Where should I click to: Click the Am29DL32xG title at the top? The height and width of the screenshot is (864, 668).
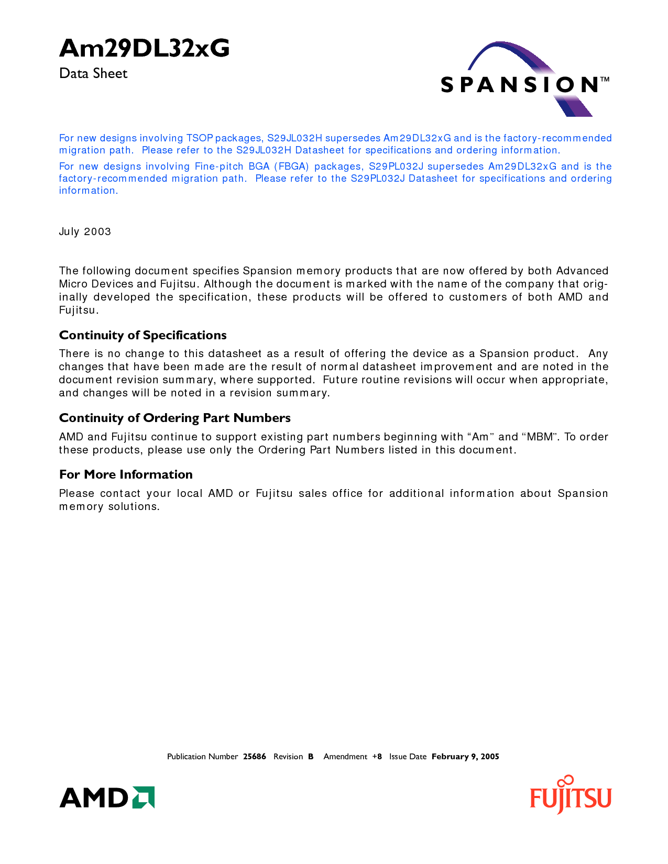[x=144, y=49]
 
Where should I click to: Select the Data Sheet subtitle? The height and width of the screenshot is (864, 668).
[x=93, y=73]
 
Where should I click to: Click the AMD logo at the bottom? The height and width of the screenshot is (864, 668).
[x=107, y=797]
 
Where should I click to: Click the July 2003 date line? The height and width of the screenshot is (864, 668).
[x=85, y=231]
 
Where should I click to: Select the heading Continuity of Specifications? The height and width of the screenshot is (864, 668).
[x=143, y=335]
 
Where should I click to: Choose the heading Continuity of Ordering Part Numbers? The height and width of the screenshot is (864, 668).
[x=174, y=418]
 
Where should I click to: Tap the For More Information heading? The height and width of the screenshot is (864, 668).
[x=126, y=474]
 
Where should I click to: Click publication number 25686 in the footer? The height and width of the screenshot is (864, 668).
[x=255, y=757]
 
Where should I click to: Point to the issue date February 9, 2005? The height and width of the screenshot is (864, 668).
[x=465, y=757]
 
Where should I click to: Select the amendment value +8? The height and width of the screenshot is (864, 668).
[x=377, y=757]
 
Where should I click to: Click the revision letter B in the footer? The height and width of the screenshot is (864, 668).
[x=311, y=757]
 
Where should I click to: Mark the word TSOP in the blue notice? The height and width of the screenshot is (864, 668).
[x=199, y=138]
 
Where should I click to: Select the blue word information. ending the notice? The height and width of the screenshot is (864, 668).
[x=88, y=191]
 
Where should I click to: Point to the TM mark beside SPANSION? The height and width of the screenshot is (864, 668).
[x=605, y=80]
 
